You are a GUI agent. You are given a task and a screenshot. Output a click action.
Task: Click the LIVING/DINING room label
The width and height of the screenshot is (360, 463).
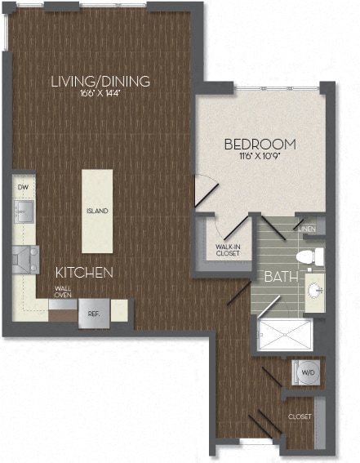tap(100, 81)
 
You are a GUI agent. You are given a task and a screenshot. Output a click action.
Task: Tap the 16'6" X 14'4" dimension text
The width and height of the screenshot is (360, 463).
tap(100, 95)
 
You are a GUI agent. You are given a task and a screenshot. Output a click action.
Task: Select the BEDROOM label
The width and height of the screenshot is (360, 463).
tap(260, 145)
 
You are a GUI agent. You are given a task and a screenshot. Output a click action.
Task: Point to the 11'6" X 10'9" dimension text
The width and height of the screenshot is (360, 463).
tap(260, 158)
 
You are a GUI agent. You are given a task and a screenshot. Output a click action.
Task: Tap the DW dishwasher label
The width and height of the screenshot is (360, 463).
tap(22, 187)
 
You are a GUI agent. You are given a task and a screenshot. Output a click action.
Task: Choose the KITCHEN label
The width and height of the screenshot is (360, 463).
tap(84, 272)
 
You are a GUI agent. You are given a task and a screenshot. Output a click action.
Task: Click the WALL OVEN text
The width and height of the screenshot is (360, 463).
tap(63, 292)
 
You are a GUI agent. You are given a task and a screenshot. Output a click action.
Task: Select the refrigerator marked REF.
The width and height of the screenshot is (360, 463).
tap(93, 314)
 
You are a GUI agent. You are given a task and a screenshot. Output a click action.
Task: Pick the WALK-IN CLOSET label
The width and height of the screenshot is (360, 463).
tap(228, 251)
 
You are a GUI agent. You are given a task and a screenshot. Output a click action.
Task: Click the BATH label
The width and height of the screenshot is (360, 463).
tap(278, 277)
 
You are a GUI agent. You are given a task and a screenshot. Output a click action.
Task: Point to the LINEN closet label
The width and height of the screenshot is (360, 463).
tap(307, 229)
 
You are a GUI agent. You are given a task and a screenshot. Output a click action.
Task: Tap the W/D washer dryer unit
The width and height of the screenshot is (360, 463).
tap(307, 372)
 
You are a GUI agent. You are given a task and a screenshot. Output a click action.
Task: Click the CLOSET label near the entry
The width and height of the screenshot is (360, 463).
tap(300, 417)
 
